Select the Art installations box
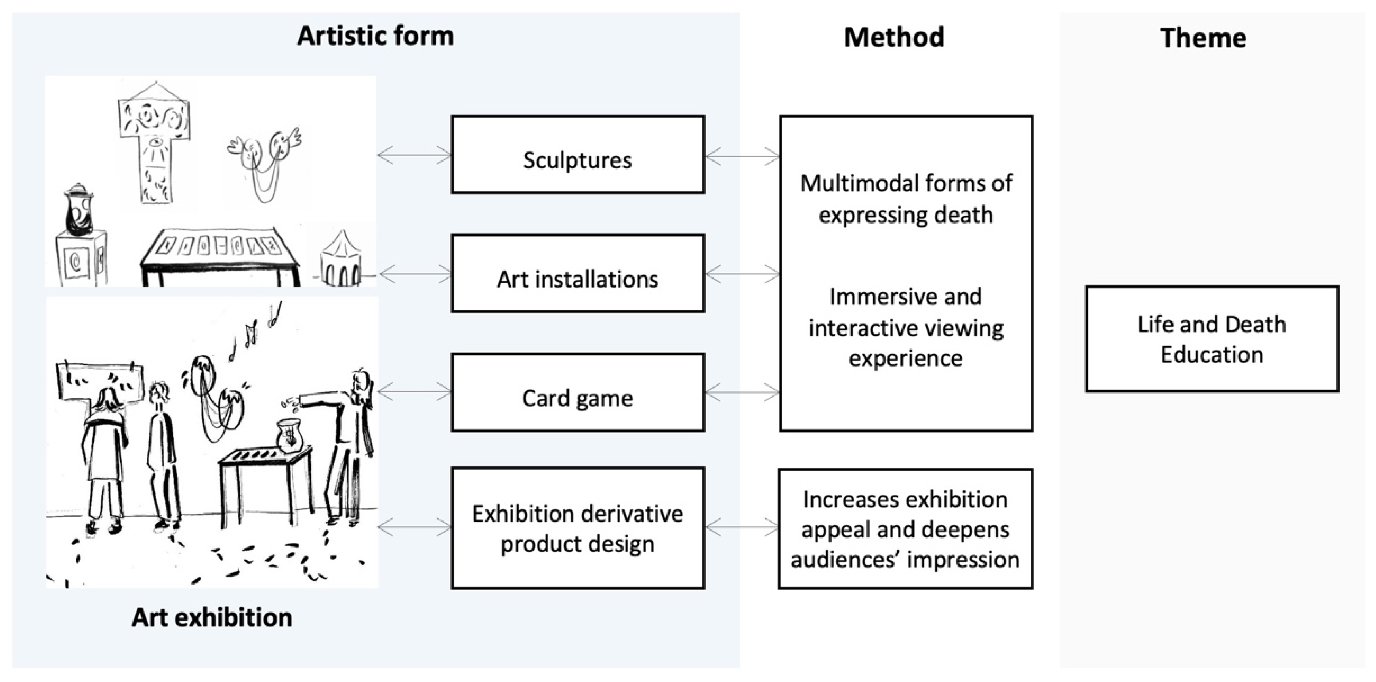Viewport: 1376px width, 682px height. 577,273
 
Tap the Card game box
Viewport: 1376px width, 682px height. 577,393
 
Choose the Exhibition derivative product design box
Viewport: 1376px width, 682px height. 577,528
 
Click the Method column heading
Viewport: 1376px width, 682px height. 894,37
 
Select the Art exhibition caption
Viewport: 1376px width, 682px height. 212,617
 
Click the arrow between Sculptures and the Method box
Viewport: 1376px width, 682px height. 742,157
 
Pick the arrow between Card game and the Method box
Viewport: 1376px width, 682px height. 742,393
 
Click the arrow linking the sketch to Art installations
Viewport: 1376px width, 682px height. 414,275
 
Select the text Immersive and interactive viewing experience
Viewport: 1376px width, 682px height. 906,327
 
